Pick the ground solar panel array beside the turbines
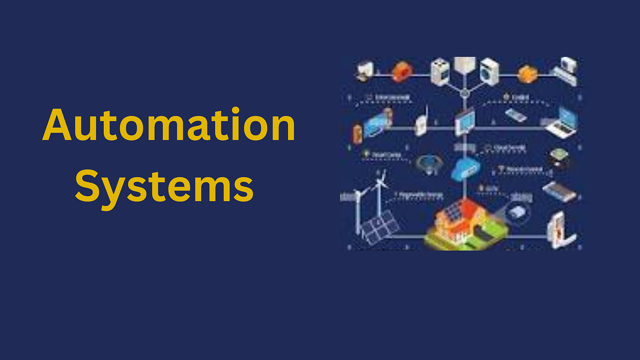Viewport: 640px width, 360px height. click(379, 227)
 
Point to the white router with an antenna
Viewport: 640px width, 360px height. click(421, 124)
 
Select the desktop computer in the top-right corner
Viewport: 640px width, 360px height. click(565, 71)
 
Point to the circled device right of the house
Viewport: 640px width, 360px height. click(516, 210)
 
